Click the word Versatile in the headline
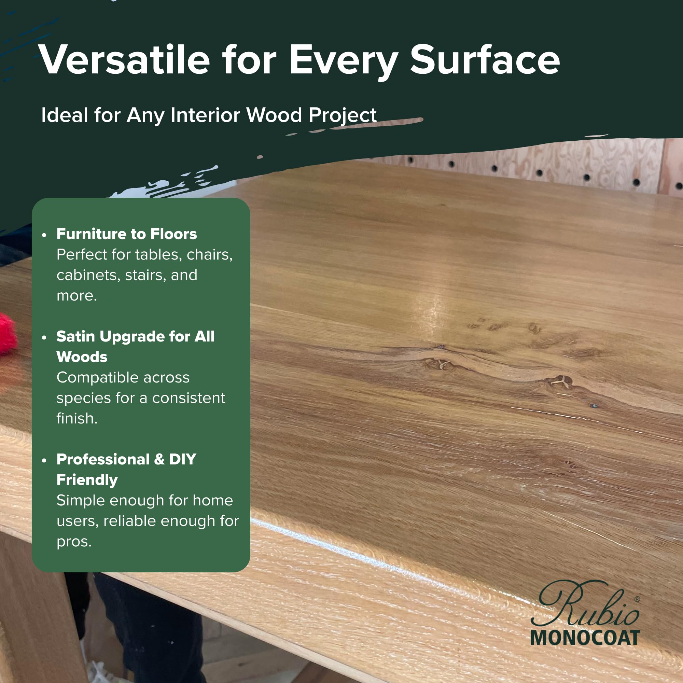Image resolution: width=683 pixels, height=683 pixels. pyautogui.click(x=124, y=59)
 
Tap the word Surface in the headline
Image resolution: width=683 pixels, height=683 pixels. pyautogui.click(x=485, y=59)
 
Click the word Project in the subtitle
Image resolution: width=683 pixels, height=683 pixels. pyautogui.click(x=343, y=116)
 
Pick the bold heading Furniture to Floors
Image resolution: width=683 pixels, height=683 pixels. pyautogui.click(x=127, y=234)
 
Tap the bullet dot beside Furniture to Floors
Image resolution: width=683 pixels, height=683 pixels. pyautogui.click(x=44, y=235)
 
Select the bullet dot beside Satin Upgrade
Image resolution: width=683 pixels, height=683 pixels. pyautogui.click(x=44, y=338)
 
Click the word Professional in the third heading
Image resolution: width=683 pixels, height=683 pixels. pyautogui.click(x=103, y=459)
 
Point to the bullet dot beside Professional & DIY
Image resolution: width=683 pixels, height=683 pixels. pyautogui.click(x=44, y=460)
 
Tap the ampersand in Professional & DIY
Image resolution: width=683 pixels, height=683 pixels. pyautogui.click(x=159, y=459)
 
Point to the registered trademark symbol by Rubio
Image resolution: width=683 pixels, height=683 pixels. pyautogui.click(x=637, y=599)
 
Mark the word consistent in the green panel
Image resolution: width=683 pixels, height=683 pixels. pyautogui.click(x=189, y=398)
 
